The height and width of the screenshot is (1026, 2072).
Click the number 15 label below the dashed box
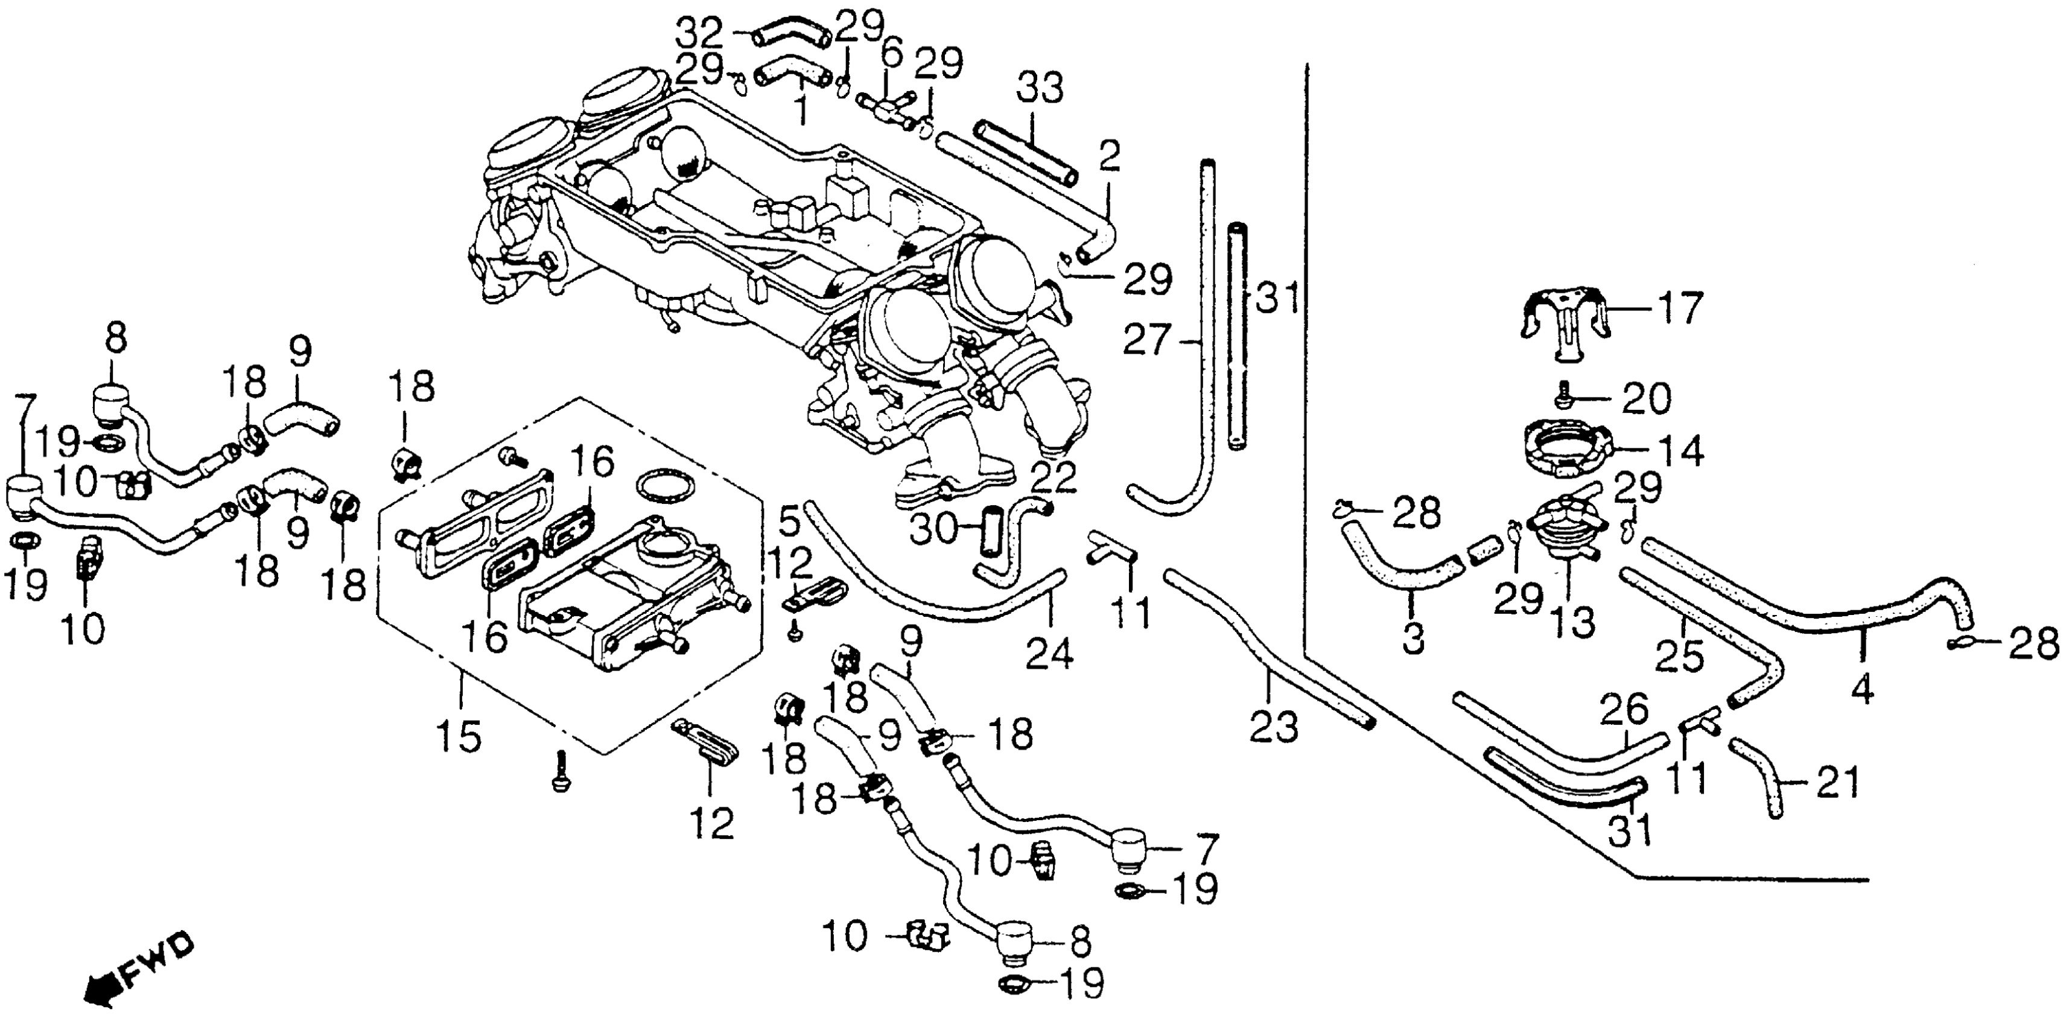click(459, 734)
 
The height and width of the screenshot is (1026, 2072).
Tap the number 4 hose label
click(1864, 690)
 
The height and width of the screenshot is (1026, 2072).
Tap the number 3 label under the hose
click(1413, 640)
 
